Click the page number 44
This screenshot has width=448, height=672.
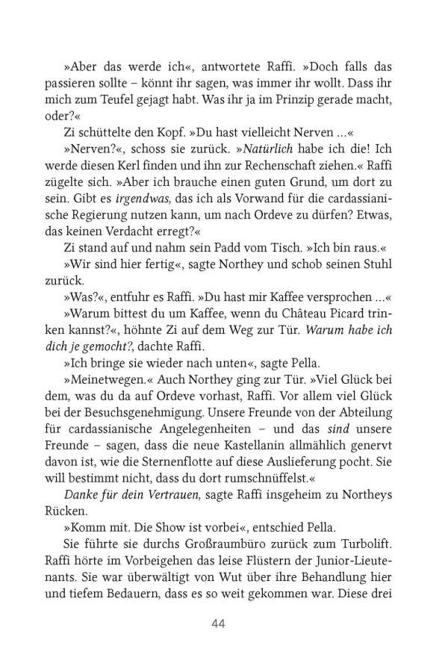point(219,623)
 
